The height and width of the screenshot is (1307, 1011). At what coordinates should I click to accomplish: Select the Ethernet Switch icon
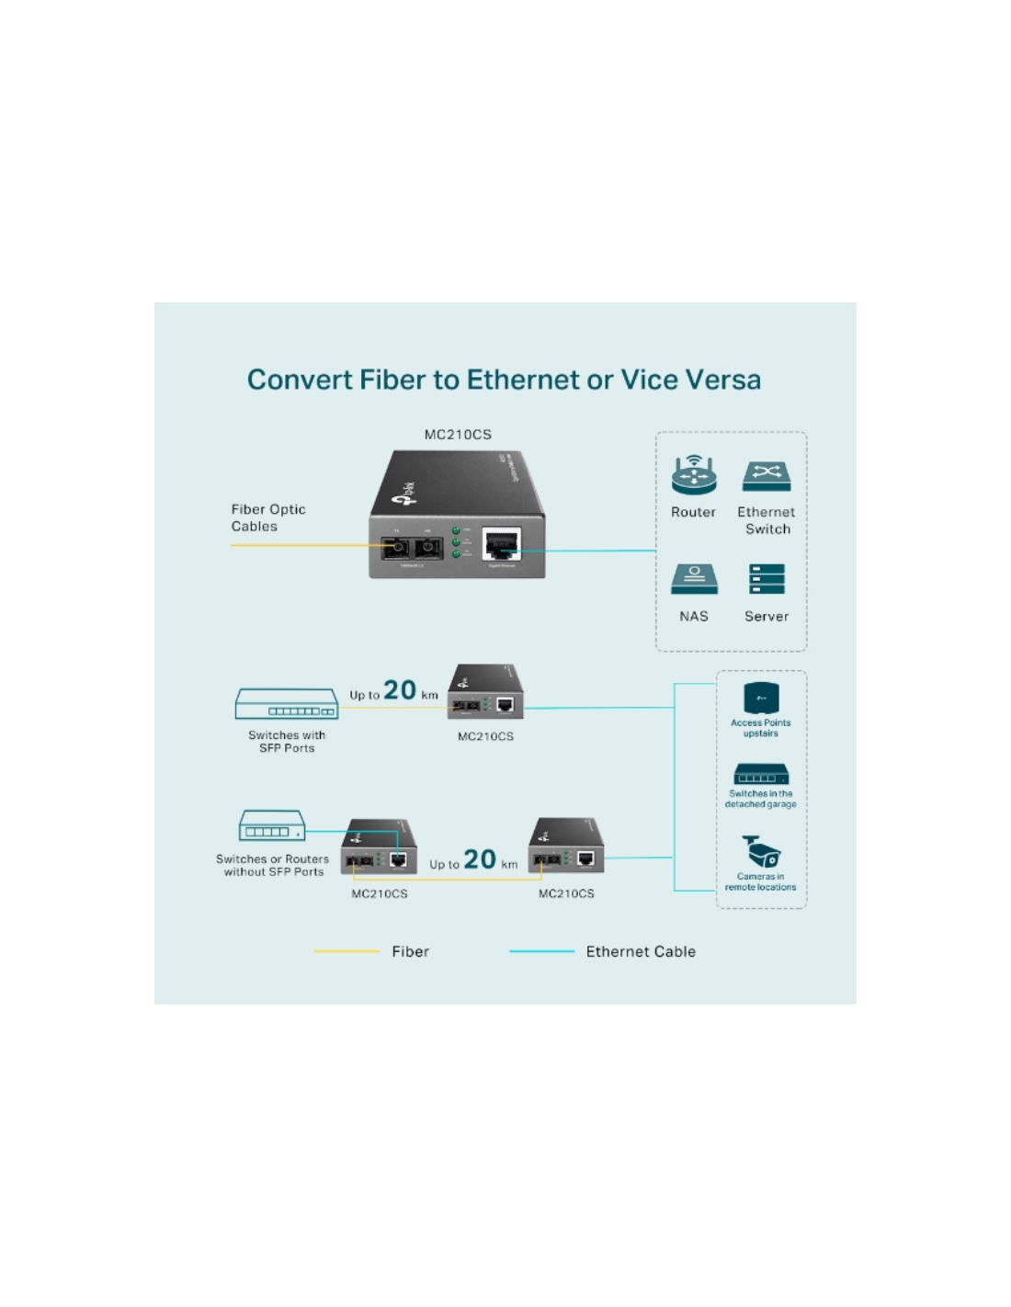tap(767, 475)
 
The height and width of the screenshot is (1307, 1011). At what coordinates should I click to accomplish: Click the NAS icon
tap(694, 579)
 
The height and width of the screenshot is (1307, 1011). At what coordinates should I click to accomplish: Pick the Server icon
tap(767, 579)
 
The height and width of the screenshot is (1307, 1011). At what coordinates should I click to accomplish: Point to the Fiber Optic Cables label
tap(267, 517)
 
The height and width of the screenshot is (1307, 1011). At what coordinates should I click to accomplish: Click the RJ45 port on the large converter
tap(502, 544)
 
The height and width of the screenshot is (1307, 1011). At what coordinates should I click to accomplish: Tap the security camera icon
tap(761, 851)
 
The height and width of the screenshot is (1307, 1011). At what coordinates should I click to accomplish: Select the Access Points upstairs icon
tap(761, 698)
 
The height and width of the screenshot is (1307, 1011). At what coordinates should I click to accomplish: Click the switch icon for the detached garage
tap(761, 774)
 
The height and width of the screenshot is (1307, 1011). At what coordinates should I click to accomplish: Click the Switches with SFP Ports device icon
tap(287, 704)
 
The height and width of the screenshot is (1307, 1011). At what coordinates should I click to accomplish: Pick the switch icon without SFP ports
tap(272, 825)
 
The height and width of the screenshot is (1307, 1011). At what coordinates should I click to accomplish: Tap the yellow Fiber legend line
tap(346, 951)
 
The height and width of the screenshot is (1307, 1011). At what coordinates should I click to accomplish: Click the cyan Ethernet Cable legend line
tap(541, 951)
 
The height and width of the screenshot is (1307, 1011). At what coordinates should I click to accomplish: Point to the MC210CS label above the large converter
tap(458, 435)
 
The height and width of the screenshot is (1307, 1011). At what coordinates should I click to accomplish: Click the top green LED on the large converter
tap(456, 531)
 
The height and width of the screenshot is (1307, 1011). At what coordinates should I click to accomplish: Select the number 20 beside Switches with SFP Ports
tap(400, 690)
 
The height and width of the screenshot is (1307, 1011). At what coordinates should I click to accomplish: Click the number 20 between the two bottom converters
tap(480, 859)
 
